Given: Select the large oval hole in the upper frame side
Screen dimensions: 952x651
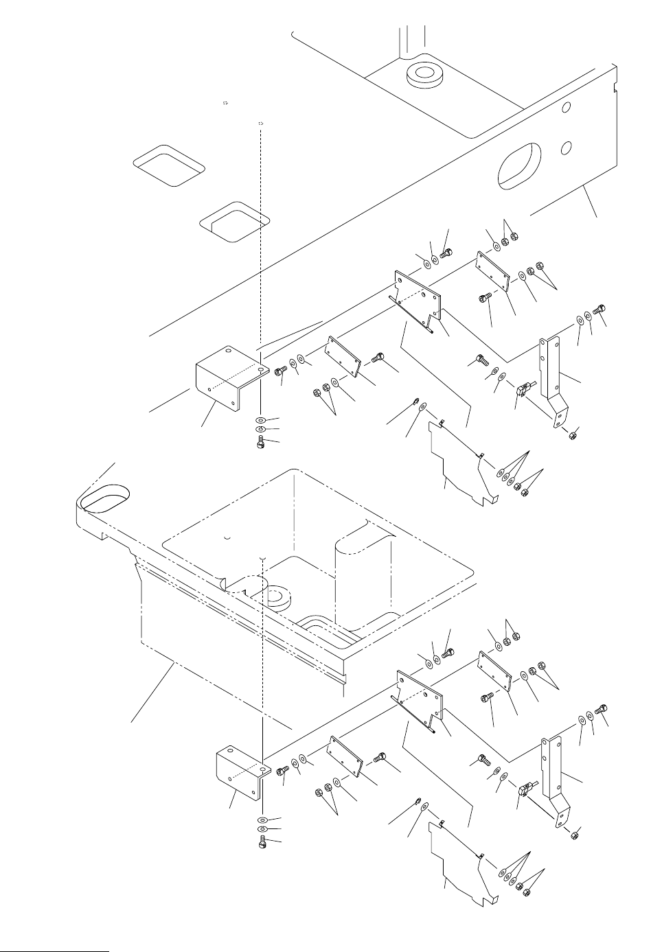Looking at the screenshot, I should [x=514, y=166].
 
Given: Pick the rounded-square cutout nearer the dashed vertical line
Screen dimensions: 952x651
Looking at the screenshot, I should [x=235, y=221].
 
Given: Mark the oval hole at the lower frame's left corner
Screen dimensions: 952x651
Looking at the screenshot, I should [x=104, y=497].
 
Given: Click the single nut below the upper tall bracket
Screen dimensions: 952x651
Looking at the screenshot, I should [x=573, y=435].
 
